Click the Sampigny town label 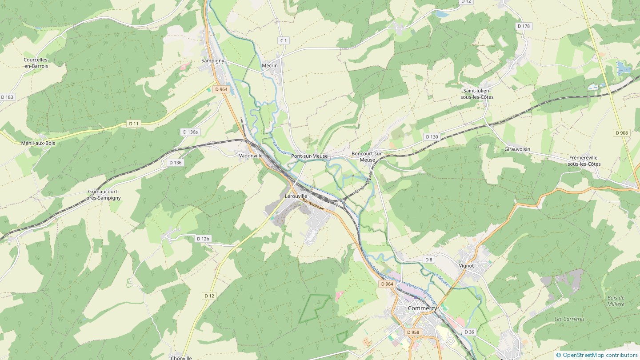[x=213, y=60]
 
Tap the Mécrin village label [x=270, y=66]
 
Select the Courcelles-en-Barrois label [x=36, y=63]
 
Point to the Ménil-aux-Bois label [x=38, y=143]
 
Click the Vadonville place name [x=251, y=156]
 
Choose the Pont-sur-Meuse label [x=309, y=156]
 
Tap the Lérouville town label [x=296, y=196]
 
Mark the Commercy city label [x=422, y=308]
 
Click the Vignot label [x=466, y=266]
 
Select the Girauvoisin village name [x=517, y=149]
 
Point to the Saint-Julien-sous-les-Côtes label [x=477, y=94]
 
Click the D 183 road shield [x=8, y=97]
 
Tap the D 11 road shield [x=134, y=124]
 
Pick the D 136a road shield [x=191, y=132]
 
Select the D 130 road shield [x=431, y=137]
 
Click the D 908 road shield [x=622, y=133]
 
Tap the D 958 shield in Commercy [x=413, y=332]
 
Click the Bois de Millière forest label [x=616, y=301]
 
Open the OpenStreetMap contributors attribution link [x=600, y=355]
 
